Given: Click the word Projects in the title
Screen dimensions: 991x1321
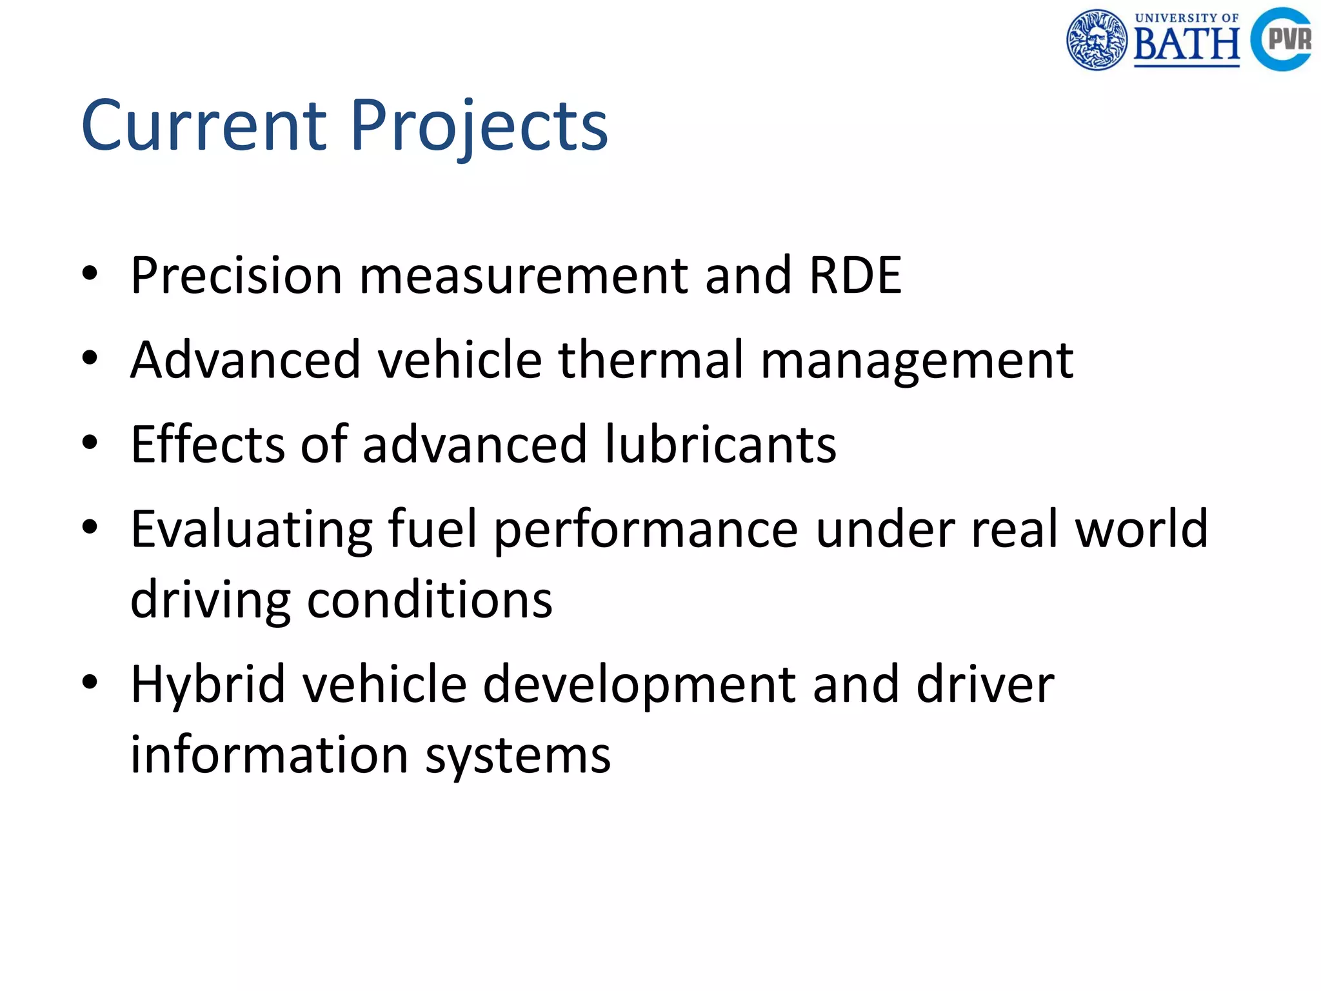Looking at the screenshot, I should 479,128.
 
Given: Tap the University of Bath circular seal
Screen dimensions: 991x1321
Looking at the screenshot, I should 1097,39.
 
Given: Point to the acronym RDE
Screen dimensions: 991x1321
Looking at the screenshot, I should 855,275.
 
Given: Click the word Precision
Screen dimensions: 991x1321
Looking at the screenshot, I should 236,275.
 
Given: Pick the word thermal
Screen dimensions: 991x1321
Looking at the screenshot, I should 651,359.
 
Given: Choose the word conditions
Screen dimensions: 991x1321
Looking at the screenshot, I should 430,599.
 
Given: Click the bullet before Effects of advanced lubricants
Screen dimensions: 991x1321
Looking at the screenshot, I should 90,443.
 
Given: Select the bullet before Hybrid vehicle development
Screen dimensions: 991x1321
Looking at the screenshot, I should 90,682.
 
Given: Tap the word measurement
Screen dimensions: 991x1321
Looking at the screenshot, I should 523,275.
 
